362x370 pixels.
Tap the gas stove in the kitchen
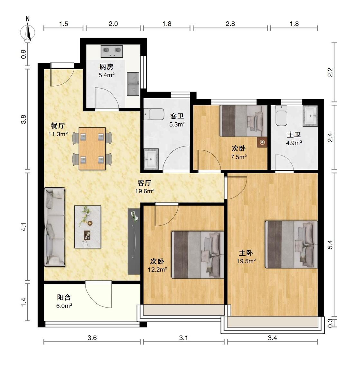(112, 52)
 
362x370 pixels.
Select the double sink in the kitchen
(133, 84)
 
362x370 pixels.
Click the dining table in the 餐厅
(92, 148)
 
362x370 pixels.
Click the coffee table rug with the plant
(88, 227)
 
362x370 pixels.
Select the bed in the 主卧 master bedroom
(292, 244)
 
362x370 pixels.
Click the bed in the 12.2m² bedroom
(198, 255)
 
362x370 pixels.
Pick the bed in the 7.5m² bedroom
(244, 121)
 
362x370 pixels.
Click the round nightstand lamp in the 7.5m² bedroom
(262, 142)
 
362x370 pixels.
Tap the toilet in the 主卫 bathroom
(281, 116)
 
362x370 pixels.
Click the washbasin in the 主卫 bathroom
(310, 116)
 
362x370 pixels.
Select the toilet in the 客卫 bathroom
(154, 114)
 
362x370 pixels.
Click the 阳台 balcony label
(64, 297)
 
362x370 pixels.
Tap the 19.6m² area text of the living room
(145, 191)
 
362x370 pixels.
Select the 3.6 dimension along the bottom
(92, 338)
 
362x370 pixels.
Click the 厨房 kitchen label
(107, 67)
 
